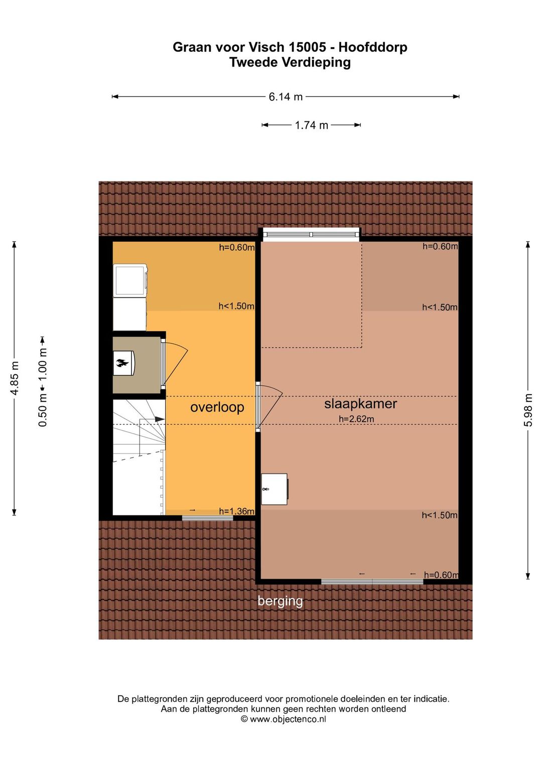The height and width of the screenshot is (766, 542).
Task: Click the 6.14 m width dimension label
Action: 286,97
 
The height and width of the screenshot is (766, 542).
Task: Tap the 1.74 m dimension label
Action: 311,125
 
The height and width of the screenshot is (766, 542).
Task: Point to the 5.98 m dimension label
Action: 528,410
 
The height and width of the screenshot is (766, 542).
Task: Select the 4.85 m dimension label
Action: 15,378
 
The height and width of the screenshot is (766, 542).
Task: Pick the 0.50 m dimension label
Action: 42,410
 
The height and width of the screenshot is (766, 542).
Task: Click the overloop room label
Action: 217,407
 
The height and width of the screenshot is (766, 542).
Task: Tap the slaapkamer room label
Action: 360,404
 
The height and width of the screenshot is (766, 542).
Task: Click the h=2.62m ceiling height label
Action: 356,419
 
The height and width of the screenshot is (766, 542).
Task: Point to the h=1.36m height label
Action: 236,511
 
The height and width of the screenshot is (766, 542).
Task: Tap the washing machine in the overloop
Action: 130,280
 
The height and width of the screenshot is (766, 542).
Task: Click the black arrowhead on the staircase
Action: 160,419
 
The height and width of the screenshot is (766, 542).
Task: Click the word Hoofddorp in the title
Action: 373,47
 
